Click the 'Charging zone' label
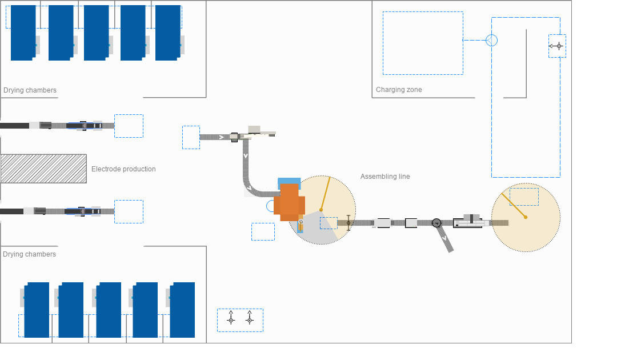[x=399, y=90]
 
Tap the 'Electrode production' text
[x=123, y=169]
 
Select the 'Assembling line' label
[x=385, y=177]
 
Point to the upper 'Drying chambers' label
[x=30, y=90]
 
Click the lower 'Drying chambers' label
[x=29, y=254]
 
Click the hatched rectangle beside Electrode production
[x=43, y=169]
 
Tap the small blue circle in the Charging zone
[x=491, y=40]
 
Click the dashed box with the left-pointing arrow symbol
[x=557, y=46]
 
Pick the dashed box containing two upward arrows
[x=240, y=320]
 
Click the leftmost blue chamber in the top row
[x=23, y=33]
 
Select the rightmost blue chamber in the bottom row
[x=182, y=310]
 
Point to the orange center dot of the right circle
[x=526, y=217]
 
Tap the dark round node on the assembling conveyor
[x=436, y=223]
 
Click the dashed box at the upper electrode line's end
[x=129, y=126]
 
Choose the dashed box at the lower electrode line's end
[x=129, y=211]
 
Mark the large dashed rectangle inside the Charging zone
[x=423, y=43]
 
